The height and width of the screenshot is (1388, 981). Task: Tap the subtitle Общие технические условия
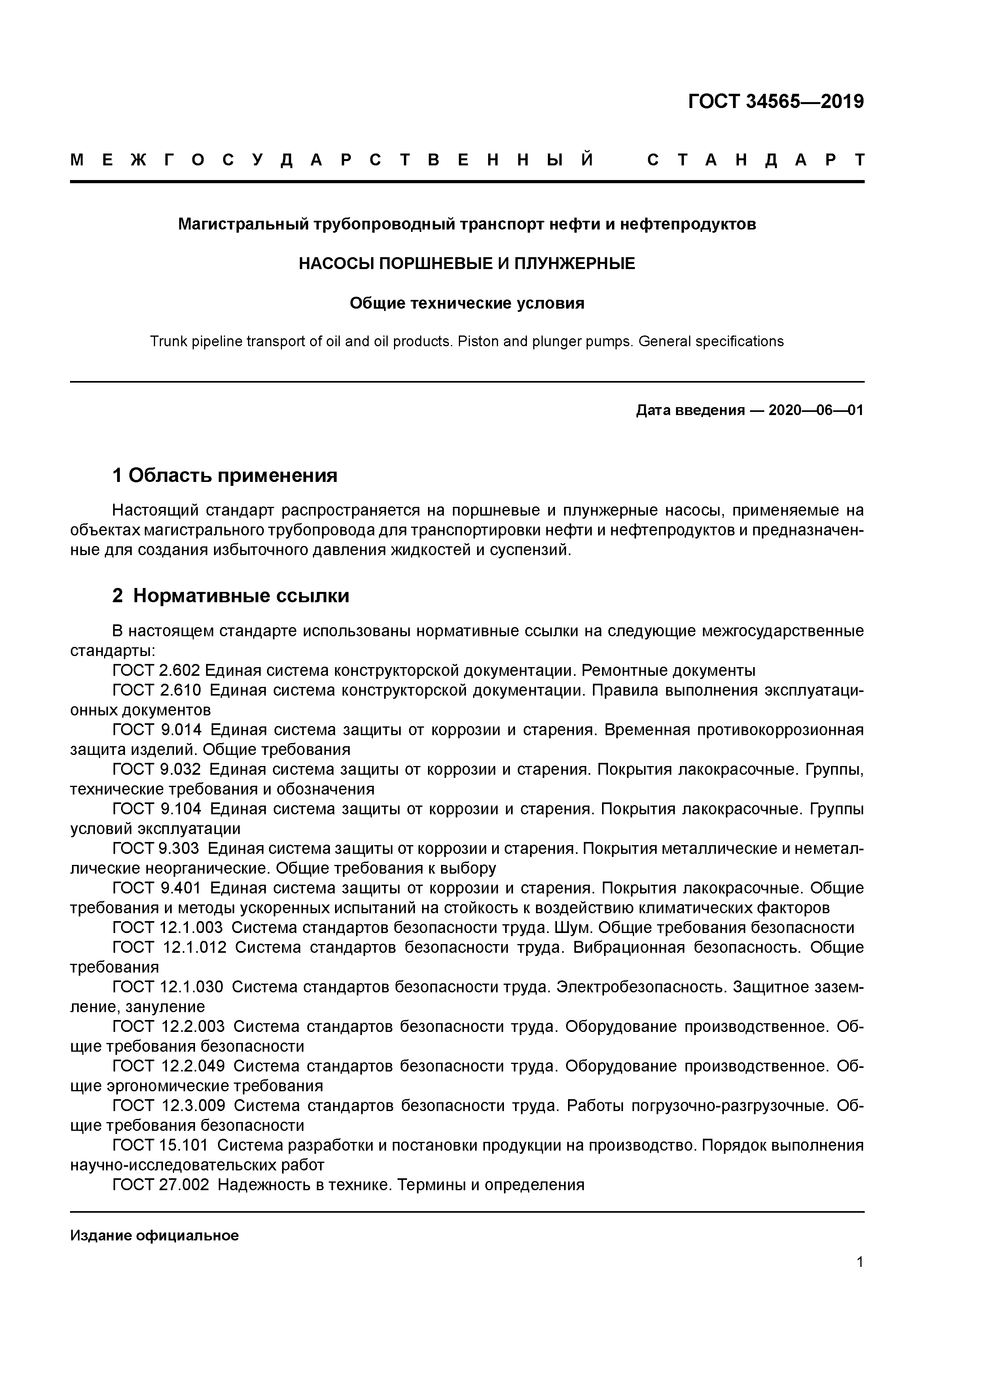tap(467, 303)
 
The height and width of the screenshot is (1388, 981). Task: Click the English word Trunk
tap(168, 341)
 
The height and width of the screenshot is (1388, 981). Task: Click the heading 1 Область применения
tap(225, 475)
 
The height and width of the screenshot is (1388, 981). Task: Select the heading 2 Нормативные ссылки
tap(231, 595)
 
